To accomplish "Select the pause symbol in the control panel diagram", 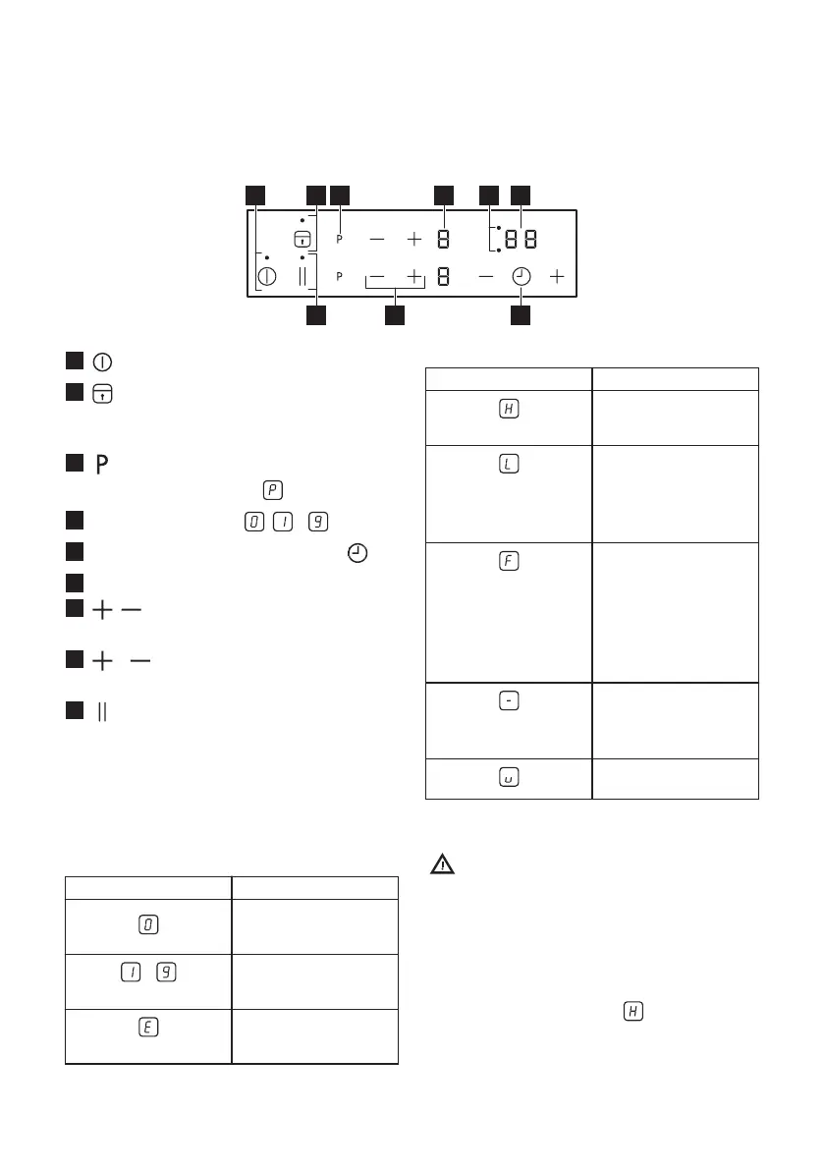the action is pos(302,277).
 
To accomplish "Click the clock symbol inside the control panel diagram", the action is pos(521,277).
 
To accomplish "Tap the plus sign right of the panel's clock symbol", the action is pos(558,277).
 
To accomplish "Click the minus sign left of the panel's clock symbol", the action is pos(486,277).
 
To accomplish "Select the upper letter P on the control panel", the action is pos(340,239).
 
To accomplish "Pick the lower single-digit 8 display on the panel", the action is pos(444,277).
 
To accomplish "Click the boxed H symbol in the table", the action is pos(509,407).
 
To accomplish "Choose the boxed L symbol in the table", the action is pos(509,462).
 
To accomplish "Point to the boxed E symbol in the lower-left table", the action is pos(148,1025).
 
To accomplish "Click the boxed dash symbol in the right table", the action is pos(509,700).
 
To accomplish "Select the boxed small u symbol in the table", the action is pos(509,777).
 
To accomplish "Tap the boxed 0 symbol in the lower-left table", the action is pos(148,924).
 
